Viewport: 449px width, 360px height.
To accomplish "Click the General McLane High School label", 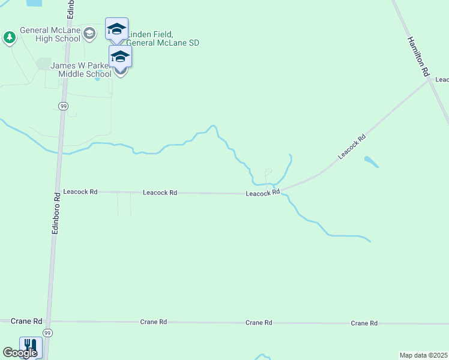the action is click(x=50, y=34).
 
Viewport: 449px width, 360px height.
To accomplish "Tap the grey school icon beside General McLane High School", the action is click(x=89, y=33).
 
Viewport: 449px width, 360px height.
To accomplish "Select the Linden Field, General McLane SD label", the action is click(x=162, y=39).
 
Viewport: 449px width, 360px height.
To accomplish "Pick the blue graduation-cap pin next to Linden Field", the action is click(x=116, y=29).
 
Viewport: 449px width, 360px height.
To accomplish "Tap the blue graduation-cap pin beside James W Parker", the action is click(x=120, y=57).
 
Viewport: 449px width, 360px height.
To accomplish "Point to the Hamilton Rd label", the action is click(x=418, y=56).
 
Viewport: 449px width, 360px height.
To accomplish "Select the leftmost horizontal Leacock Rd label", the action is click(x=80, y=192).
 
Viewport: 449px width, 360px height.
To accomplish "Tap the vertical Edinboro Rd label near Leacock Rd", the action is click(x=55, y=213).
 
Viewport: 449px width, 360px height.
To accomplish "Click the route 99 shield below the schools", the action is click(x=64, y=106).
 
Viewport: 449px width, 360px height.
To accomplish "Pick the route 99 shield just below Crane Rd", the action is click(x=48, y=332).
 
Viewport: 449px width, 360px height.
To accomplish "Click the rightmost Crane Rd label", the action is click(x=364, y=323).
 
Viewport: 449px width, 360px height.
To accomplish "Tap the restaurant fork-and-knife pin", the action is click(x=30, y=347).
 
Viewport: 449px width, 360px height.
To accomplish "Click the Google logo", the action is click(x=20, y=353).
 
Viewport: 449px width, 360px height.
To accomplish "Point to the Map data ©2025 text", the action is click(x=423, y=355).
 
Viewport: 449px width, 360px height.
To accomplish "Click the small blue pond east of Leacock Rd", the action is click(x=371, y=161).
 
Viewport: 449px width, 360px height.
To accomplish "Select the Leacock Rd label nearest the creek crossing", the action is click(x=262, y=193).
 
